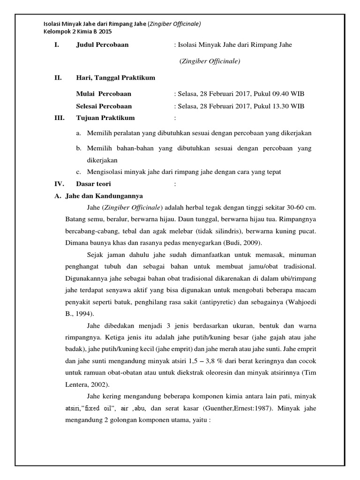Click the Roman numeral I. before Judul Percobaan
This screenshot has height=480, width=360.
click(58, 45)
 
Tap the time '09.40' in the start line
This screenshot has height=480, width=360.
click(275, 94)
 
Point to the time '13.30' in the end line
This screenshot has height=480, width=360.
click(275, 106)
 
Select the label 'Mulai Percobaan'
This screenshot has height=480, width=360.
click(104, 94)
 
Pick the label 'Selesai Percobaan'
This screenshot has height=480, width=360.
click(104, 106)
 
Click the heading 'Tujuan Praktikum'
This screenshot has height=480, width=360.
click(105, 118)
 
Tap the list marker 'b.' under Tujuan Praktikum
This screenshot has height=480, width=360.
click(79, 148)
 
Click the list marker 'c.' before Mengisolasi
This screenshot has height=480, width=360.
click(79, 172)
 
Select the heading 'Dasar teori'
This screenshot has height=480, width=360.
click(94, 184)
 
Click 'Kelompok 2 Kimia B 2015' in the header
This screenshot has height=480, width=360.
click(77, 32)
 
